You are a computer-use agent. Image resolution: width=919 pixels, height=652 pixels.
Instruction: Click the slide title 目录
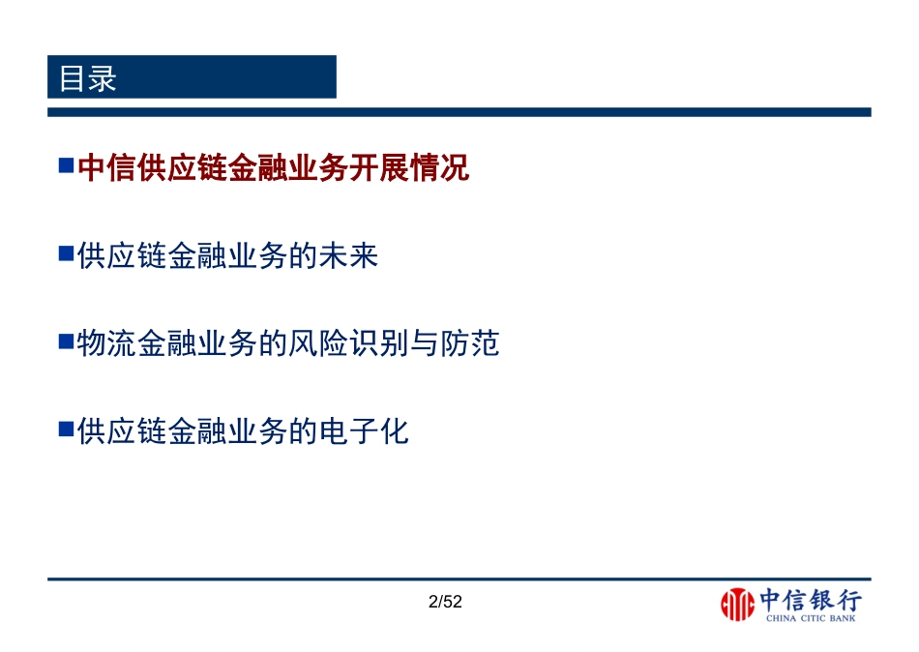[88, 78]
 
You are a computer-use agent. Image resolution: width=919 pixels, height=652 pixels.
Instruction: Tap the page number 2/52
[446, 602]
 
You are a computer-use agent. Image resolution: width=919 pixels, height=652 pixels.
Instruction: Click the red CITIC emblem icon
[737, 606]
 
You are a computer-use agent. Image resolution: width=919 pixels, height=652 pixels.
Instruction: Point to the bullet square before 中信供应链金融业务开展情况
[66, 167]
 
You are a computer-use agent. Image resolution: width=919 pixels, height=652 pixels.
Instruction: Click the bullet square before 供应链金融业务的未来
[66, 254]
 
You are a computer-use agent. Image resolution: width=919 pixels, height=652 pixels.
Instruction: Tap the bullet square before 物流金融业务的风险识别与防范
[66, 341]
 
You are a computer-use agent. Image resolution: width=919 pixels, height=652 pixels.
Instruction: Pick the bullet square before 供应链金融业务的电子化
[66, 429]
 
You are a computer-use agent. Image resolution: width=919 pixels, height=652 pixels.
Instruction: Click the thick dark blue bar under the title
[459, 112]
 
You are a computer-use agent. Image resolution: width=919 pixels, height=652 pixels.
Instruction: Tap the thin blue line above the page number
[459, 578]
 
